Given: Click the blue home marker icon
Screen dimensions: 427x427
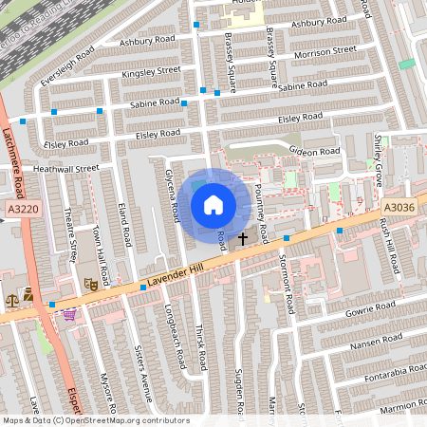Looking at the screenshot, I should pyautogui.click(x=213, y=204).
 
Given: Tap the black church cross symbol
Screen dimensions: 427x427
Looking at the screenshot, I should pyautogui.click(x=243, y=238).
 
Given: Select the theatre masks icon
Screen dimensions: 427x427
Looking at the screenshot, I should pyautogui.click(x=92, y=283).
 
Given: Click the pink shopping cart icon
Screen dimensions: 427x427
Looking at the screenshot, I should pyautogui.click(x=68, y=314).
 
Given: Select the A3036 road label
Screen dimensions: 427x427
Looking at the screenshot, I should pyautogui.click(x=399, y=207).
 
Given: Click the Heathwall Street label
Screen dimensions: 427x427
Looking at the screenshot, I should pyautogui.click(x=65, y=168).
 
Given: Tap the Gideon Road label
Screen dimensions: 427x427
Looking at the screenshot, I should pyautogui.click(x=317, y=151).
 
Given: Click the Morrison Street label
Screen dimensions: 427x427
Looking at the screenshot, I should pyautogui.click(x=325, y=49).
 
